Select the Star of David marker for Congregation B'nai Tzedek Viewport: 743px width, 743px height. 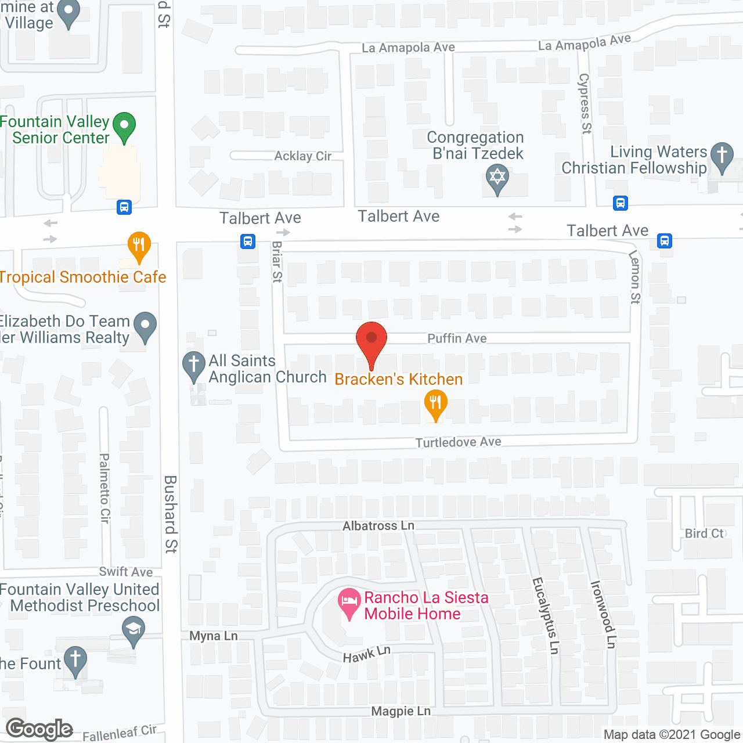point(497,178)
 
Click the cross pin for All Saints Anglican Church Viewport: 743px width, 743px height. point(194,366)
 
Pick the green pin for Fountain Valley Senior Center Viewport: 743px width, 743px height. point(124,127)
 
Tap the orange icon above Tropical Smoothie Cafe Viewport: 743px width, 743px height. point(139,246)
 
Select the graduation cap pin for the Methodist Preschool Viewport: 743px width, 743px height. point(134,630)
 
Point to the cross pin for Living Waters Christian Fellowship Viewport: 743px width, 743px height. point(722,157)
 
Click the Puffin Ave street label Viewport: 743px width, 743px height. point(457,338)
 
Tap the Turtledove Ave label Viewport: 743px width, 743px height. point(458,442)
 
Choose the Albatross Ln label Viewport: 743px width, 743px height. point(378,526)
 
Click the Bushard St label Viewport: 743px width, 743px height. point(171,514)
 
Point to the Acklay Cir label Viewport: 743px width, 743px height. point(302,156)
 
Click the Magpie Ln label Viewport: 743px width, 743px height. point(401,711)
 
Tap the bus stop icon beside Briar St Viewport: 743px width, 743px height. point(248,241)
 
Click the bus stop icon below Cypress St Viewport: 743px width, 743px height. point(621,203)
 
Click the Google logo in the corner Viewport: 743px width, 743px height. point(39,729)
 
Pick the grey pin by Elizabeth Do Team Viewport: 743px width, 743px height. point(145,326)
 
